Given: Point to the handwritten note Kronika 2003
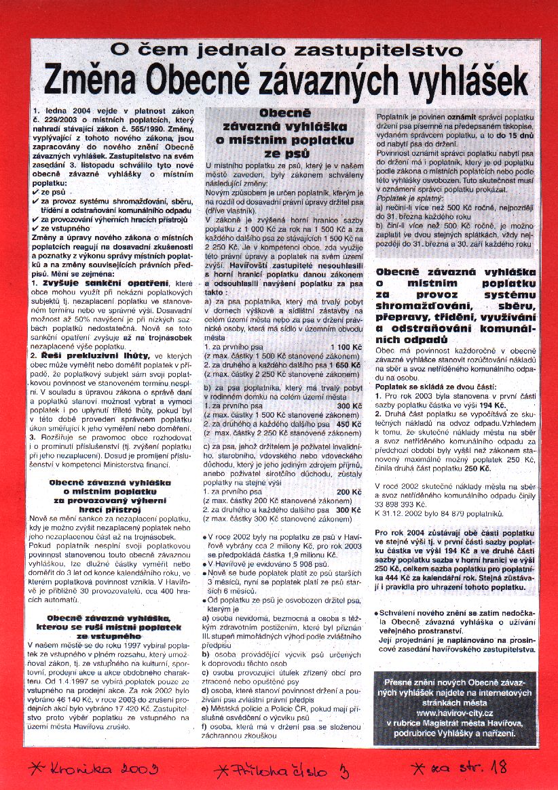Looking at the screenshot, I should (95, 768).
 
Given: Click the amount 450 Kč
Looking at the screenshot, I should (349, 424).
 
